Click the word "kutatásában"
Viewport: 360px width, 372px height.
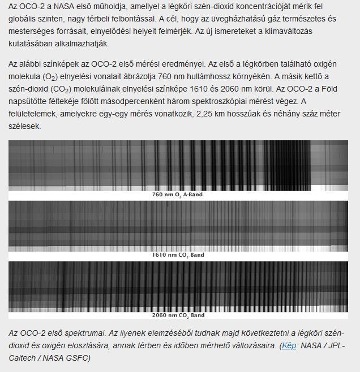coord(31,43)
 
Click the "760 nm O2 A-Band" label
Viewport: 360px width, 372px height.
coord(177,194)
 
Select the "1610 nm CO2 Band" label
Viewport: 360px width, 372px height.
coord(178,255)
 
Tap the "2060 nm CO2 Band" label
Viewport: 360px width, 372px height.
coord(178,315)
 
